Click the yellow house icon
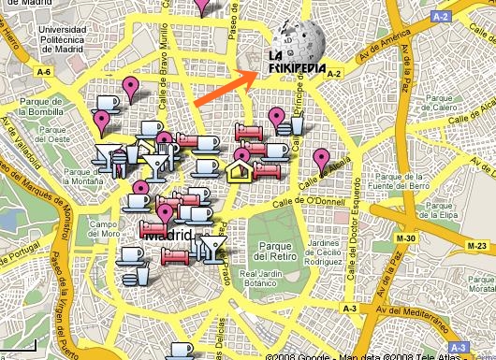pyautogui.click(x=239, y=169)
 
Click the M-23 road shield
pyautogui.click(x=476, y=245)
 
